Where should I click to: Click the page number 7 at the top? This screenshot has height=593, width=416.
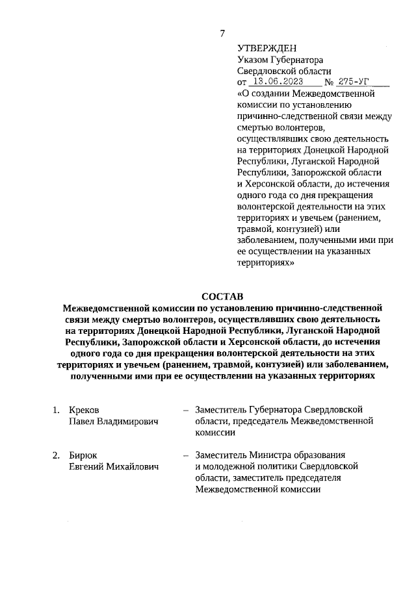[x=222, y=34]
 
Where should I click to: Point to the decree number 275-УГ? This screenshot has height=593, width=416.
[x=356, y=82]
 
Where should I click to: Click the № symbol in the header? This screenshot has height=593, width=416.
[x=329, y=83]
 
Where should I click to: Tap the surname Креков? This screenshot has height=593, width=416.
[x=85, y=410]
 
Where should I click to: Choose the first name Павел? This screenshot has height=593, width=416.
[x=83, y=422]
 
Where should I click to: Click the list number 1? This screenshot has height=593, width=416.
[x=56, y=410]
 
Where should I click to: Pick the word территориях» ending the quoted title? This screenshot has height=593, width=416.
[x=266, y=264]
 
